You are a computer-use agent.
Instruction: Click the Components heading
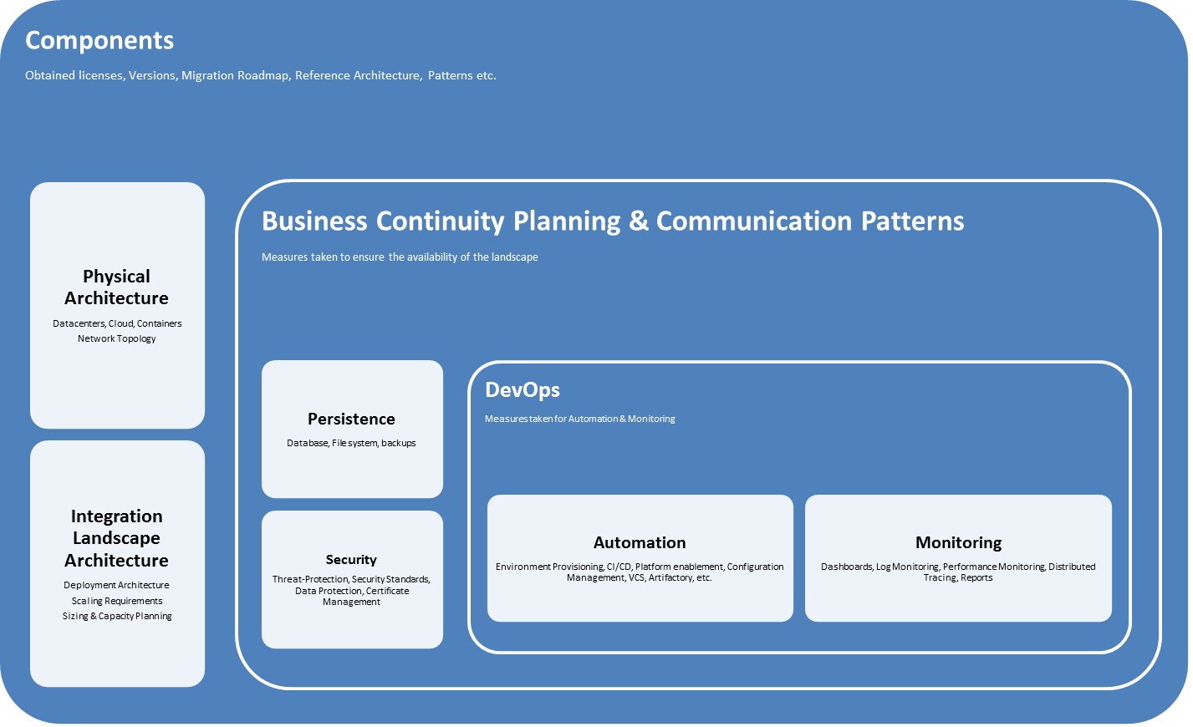point(99,40)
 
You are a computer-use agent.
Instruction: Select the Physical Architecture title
point(116,287)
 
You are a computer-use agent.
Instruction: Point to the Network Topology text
point(117,338)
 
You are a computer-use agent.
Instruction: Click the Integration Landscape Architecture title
point(116,538)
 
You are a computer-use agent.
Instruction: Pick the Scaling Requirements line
point(117,601)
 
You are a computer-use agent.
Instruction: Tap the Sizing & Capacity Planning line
point(117,616)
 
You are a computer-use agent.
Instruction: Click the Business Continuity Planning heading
point(441,221)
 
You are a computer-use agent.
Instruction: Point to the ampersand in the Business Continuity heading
point(639,221)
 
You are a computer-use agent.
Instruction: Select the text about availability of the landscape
point(400,257)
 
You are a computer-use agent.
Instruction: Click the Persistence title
point(351,419)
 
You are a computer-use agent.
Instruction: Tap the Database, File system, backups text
point(351,443)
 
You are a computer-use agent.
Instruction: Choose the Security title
point(351,559)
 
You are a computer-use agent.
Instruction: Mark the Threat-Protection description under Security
point(351,590)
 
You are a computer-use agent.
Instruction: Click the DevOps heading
point(523,389)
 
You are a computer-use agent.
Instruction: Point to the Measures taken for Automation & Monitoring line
point(579,419)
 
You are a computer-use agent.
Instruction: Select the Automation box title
point(640,542)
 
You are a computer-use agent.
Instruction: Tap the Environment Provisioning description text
point(640,572)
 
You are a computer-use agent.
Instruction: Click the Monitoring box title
point(958,542)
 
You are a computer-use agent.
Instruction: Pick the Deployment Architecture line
point(116,585)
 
